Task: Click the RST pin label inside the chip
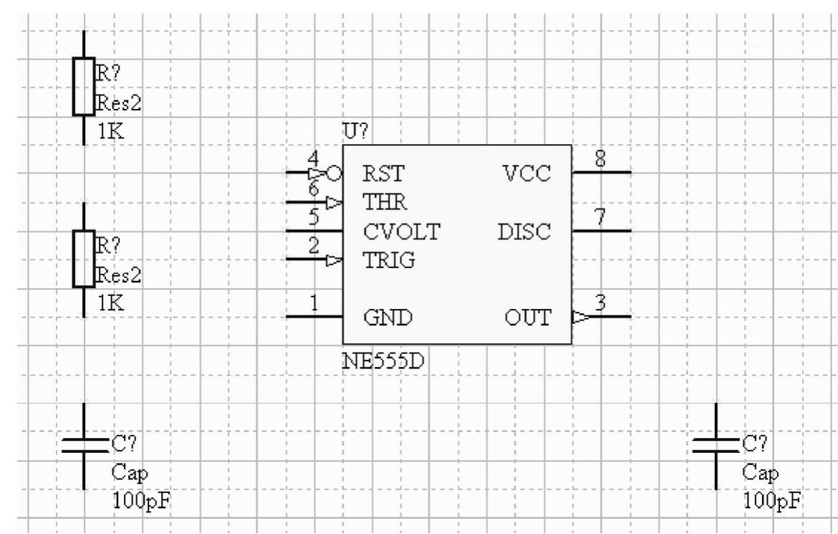pyautogui.click(x=384, y=174)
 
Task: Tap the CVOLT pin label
pyautogui.click(x=401, y=232)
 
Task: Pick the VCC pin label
pyautogui.click(x=527, y=174)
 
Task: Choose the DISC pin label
pyautogui.click(x=524, y=232)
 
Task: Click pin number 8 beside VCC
pyautogui.click(x=602, y=161)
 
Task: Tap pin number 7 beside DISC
pyautogui.click(x=602, y=219)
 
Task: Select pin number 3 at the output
pyautogui.click(x=602, y=304)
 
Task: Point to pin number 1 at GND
pyautogui.click(x=314, y=304)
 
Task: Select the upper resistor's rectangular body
pyautogui.click(x=84, y=87)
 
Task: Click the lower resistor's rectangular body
pyautogui.click(x=84, y=259)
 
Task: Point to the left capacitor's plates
pyautogui.click(x=84, y=446)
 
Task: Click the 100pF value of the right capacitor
pyautogui.click(x=771, y=501)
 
